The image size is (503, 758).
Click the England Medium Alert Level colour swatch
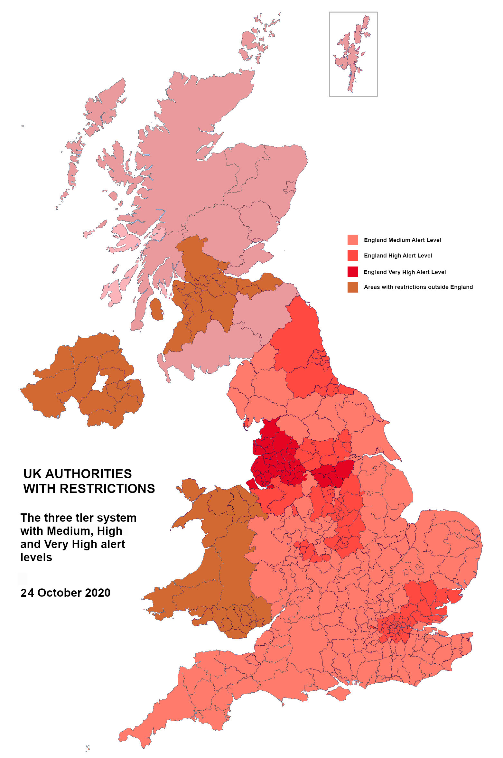tap(353, 240)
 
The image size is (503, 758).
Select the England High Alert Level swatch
tap(353, 256)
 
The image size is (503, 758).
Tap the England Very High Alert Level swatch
tap(353, 272)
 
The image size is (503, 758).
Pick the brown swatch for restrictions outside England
tap(353, 287)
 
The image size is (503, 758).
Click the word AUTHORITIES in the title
tap(88, 474)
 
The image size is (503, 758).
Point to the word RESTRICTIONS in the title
tap(107, 489)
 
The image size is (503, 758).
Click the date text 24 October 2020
tap(65, 593)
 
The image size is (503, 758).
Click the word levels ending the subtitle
tap(36, 557)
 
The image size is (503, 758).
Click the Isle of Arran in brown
tap(156, 309)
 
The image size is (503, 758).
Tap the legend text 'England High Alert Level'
tap(398, 256)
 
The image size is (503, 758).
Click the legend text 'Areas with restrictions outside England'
tap(418, 287)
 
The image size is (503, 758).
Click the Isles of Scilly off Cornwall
tap(88, 748)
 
